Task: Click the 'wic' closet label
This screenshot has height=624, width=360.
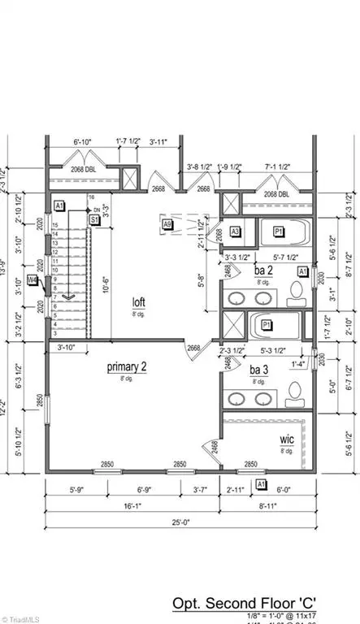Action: click(287, 439)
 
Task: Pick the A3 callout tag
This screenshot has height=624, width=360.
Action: click(235, 231)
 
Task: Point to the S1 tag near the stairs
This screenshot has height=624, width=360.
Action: click(94, 219)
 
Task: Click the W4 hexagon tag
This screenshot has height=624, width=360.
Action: click(33, 281)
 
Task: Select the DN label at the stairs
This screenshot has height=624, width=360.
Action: click(96, 209)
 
